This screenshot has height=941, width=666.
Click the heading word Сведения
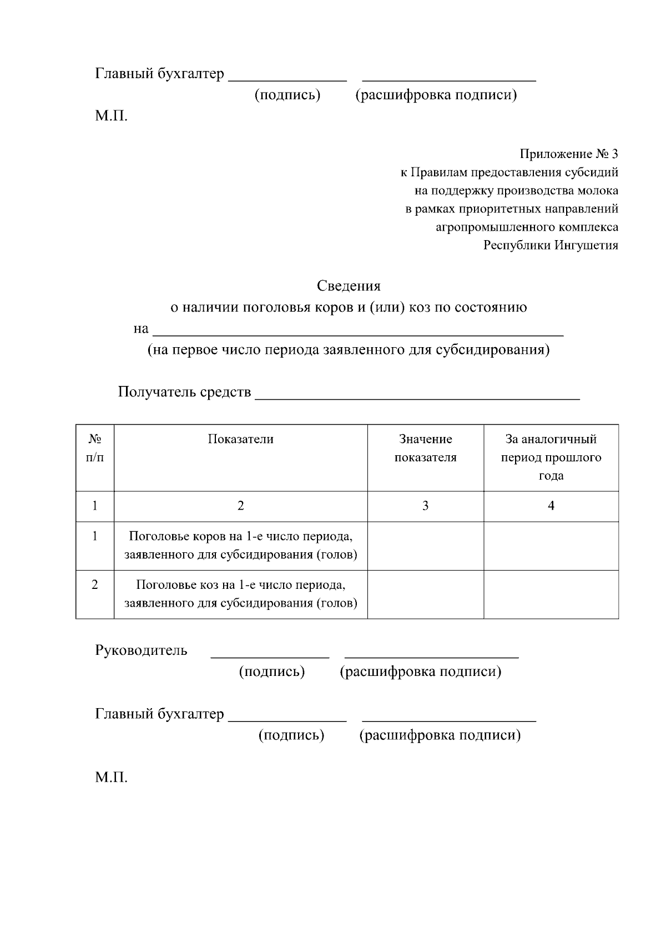(349, 286)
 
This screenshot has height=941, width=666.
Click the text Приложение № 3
(568, 154)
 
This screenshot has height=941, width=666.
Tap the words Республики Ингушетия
(550, 246)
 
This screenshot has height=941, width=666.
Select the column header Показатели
(240, 440)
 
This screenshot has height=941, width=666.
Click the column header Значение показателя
(425, 449)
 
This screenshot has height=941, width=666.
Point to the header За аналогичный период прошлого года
(551, 457)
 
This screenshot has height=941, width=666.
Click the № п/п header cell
(95, 449)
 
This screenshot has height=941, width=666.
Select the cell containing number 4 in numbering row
(551, 506)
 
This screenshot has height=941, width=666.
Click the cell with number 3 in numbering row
(425, 506)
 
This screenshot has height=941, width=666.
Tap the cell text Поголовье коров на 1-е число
(240, 537)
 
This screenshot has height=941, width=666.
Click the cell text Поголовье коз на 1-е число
(240, 585)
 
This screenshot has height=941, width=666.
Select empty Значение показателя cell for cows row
(425, 546)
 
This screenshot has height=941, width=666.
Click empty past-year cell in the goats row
(551, 594)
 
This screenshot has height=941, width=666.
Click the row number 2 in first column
(95, 584)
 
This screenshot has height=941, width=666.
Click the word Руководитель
(141, 650)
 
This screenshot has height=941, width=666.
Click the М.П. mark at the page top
(111, 116)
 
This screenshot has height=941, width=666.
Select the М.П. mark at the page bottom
(111, 777)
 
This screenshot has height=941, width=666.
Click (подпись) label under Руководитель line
(272, 672)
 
